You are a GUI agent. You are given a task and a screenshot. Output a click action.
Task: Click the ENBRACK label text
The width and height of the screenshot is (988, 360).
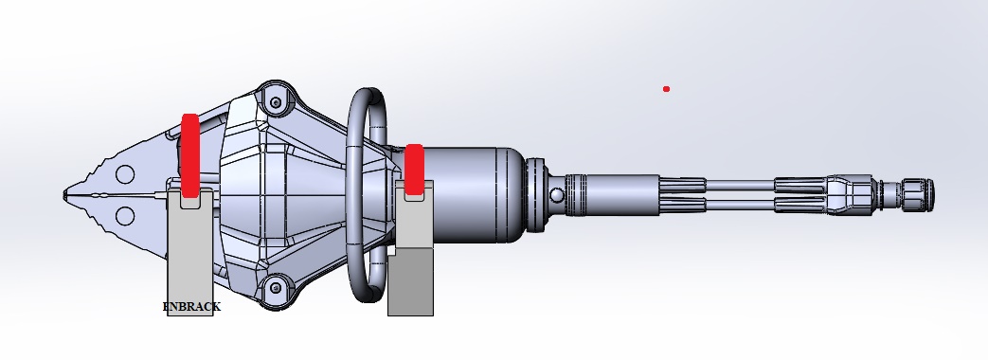(191, 307)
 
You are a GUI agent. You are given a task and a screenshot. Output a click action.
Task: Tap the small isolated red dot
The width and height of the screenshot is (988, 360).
(666, 89)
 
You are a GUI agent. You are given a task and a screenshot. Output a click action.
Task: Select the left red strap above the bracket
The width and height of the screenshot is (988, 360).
(190, 155)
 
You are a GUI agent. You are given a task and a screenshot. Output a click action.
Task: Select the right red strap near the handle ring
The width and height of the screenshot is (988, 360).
(414, 170)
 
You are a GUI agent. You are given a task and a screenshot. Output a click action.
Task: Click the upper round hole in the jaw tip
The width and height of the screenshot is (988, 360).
(125, 174)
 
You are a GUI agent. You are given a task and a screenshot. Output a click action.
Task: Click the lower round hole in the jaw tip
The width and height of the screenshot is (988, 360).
(125, 216)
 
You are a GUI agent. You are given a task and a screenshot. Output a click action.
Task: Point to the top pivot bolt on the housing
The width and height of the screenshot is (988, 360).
(276, 102)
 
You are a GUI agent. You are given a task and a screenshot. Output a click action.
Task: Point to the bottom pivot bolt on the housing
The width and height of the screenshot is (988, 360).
(276, 288)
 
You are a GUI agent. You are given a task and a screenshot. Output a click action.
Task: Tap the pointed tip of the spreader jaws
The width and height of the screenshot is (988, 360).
(64, 195)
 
